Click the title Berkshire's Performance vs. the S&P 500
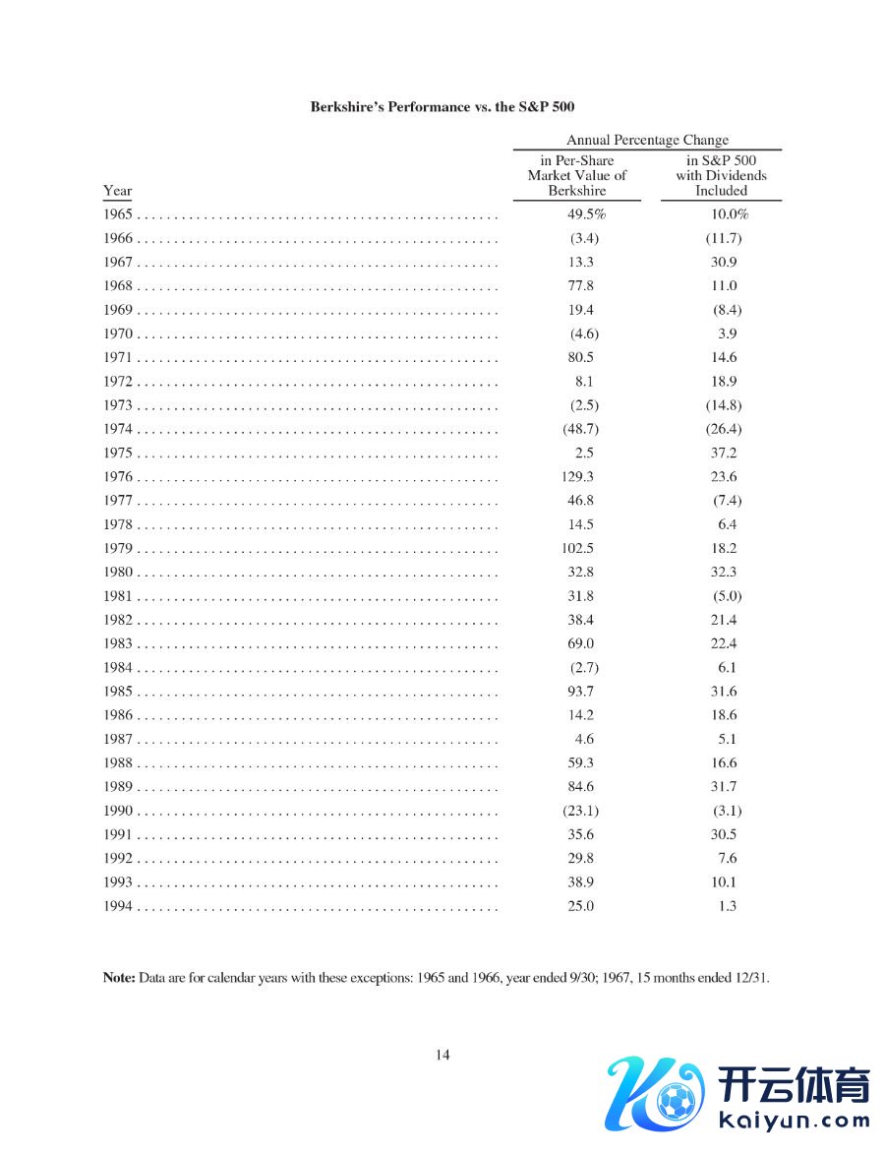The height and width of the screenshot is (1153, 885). pyautogui.click(x=442, y=106)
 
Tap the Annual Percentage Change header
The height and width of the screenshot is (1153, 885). pyautogui.click(x=647, y=140)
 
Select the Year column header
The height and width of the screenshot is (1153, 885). pyautogui.click(x=117, y=191)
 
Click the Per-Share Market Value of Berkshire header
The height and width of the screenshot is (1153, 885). pyautogui.click(x=577, y=176)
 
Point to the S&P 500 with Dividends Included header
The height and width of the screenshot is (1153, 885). pyautogui.click(x=721, y=176)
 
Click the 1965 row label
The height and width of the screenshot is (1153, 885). pyautogui.click(x=117, y=214)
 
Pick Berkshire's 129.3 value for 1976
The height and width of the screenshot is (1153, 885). pyautogui.click(x=577, y=477)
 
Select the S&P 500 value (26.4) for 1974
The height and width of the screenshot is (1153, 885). pyautogui.click(x=723, y=429)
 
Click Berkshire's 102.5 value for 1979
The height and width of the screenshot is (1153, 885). pyautogui.click(x=577, y=549)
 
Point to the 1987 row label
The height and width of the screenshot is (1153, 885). pyautogui.click(x=117, y=739)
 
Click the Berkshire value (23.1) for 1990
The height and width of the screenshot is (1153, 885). pyautogui.click(x=579, y=811)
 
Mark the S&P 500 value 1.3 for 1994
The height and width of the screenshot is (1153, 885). pyautogui.click(x=727, y=906)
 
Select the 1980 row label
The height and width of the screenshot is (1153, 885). pyautogui.click(x=117, y=573)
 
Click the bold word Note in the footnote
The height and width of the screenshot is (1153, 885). pyautogui.click(x=119, y=978)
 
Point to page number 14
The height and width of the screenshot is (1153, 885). pyautogui.click(x=442, y=1055)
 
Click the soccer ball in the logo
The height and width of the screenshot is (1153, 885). pyautogui.click(x=677, y=1102)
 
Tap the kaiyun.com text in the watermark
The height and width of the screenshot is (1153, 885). pyautogui.click(x=795, y=1120)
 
